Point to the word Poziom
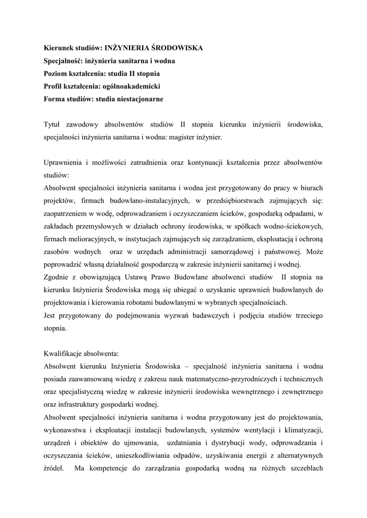56,73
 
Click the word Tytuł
54,124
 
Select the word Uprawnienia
63,162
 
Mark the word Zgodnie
57,277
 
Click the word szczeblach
304,467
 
